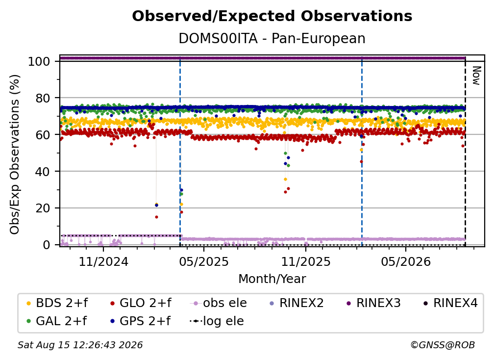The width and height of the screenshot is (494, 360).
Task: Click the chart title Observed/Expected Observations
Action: point(272,16)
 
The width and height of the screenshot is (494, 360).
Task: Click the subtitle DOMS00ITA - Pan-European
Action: point(272,39)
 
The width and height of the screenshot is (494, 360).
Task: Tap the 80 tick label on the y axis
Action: point(43,98)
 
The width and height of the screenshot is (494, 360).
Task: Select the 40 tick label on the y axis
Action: point(43,172)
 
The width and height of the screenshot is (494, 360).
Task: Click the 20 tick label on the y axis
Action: point(43,208)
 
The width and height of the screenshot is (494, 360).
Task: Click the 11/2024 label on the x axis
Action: point(103,261)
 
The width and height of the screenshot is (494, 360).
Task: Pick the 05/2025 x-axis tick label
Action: point(203,261)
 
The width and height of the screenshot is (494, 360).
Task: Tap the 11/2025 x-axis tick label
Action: point(306,261)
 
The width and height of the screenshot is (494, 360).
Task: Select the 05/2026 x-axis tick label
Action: point(406,261)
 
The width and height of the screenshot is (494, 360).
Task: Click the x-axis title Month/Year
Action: point(272,279)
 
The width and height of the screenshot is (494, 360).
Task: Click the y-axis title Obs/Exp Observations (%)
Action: point(15,154)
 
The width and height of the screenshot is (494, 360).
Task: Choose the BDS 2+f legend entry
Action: point(57,303)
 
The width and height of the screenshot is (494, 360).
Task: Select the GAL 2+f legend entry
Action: point(57,321)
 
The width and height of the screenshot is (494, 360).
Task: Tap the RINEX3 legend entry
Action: point(373,303)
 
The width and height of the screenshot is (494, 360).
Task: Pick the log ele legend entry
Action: point(217,321)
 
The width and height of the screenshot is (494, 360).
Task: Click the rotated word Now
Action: point(476,76)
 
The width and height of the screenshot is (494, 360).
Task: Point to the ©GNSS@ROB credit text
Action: point(443,345)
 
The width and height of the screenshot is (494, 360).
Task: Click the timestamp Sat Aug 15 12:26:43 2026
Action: point(80,345)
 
